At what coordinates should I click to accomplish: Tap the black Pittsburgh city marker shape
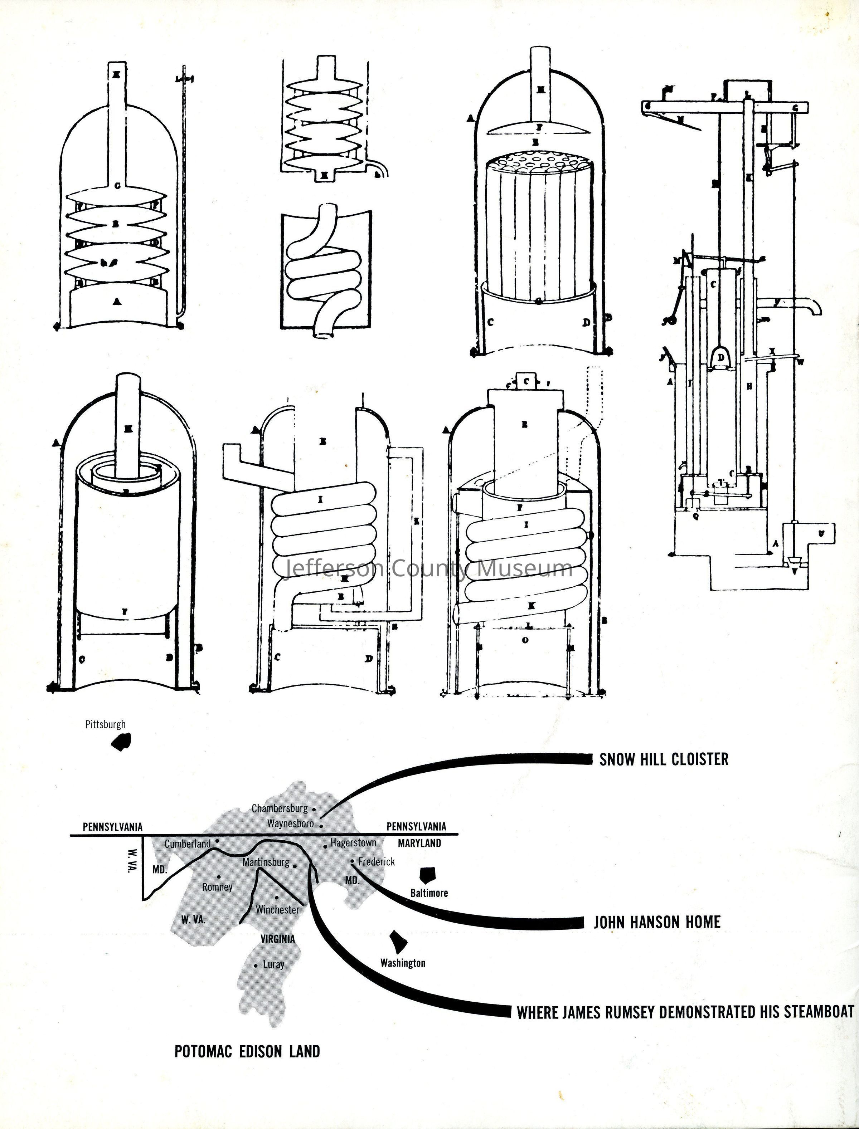click(x=121, y=742)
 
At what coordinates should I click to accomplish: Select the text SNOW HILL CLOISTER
click(x=664, y=759)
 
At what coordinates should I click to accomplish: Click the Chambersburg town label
click(x=280, y=808)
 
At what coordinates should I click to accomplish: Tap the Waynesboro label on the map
click(x=290, y=823)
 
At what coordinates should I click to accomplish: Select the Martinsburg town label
click(x=266, y=862)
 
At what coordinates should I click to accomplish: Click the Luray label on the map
click(x=273, y=964)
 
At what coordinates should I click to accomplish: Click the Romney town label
click(x=217, y=887)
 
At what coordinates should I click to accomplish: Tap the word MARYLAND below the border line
click(x=419, y=843)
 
